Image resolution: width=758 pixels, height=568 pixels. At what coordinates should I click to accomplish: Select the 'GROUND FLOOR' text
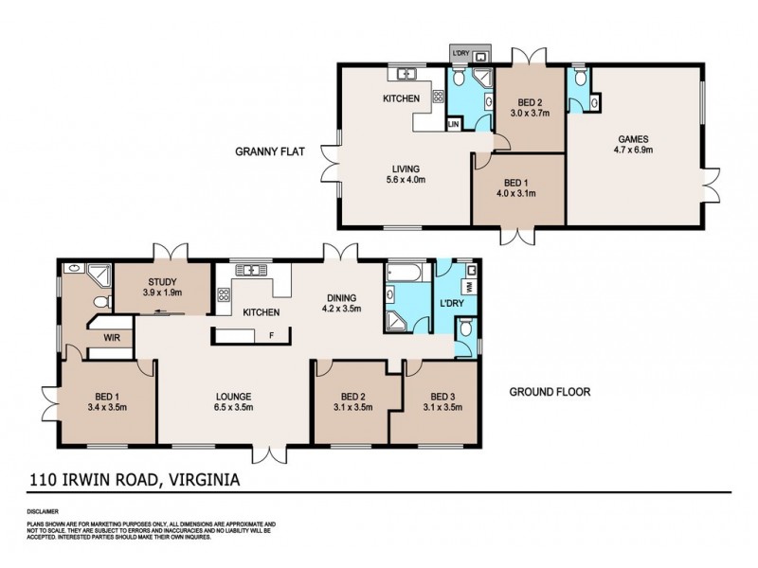[550, 390]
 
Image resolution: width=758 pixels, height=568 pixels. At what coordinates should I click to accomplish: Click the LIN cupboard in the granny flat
[454, 124]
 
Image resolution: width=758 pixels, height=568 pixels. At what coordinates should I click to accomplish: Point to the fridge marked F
[272, 334]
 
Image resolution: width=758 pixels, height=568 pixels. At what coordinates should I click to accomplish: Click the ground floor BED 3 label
[443, 397]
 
